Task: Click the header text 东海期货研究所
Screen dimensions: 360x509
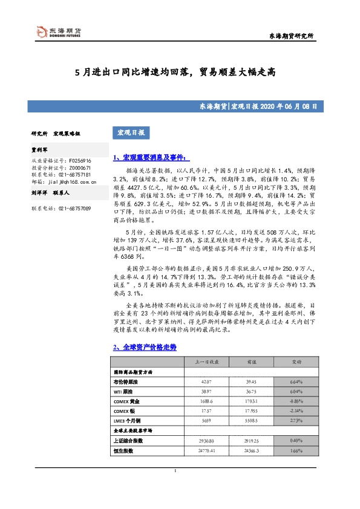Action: pyautogui.click(x=290, y=36)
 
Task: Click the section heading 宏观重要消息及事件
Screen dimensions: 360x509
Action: pyautogui.click(x=152, y=158)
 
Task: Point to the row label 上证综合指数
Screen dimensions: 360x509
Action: pyautogui.click(x=131, y=441)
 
